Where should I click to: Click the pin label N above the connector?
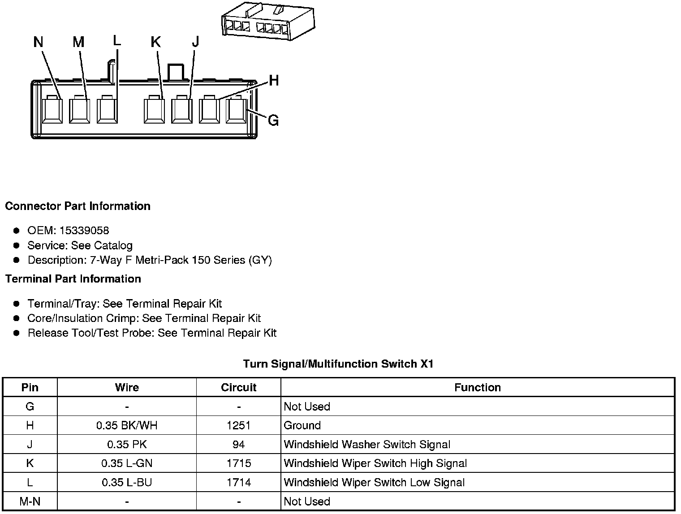[x=38, y=42]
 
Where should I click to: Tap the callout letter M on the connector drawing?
[x=78, y=42]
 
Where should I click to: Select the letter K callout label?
[x=155, y=42]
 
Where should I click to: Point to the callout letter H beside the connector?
[x=274, y=81]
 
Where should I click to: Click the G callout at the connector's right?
[x=273, y=120]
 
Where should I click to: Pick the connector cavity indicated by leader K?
[x=154, y=110]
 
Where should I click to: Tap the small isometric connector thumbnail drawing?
[x=268, y=21]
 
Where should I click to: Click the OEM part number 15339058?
[x=84, y=231]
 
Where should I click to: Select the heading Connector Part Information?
[x=78, y=206]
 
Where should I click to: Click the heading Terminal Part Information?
[x=73, y=279]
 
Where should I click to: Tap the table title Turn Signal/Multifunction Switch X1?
[x=338, y=364]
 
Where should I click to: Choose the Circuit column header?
[x=238, y=387]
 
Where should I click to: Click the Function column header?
[x=477, y=387]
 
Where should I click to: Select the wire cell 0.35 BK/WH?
[x=127, y=425]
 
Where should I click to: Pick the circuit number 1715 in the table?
[x=238, y=463]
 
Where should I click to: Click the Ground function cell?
[x=302, y=425]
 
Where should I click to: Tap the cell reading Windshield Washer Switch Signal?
[x=367, y=445]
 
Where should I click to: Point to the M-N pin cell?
[x=30, y=501]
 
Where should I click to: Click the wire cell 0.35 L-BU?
[x=127, y=483]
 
